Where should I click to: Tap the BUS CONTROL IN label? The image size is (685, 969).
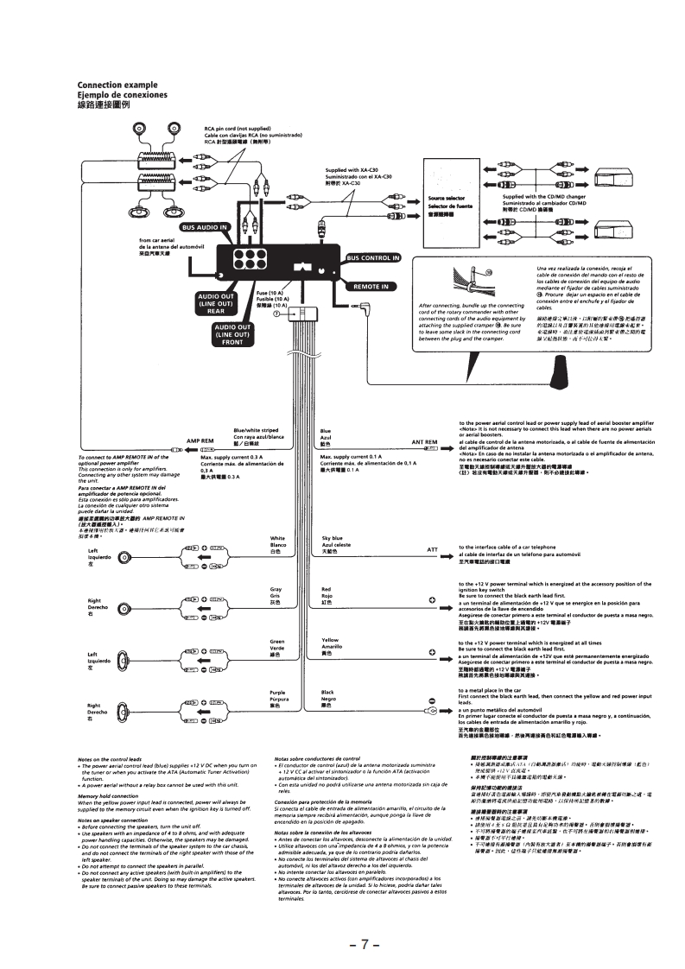373,257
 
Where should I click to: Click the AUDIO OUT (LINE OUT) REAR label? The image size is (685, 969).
216,304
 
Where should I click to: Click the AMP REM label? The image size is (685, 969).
200,440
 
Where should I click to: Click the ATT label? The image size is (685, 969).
433,549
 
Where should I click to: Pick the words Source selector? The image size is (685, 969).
447,198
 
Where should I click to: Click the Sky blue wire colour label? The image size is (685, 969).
333,538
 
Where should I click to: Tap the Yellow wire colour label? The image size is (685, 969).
331,641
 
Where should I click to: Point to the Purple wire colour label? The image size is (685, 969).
277,693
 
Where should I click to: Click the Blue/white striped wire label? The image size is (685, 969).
256,430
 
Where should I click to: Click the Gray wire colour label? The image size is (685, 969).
276,588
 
